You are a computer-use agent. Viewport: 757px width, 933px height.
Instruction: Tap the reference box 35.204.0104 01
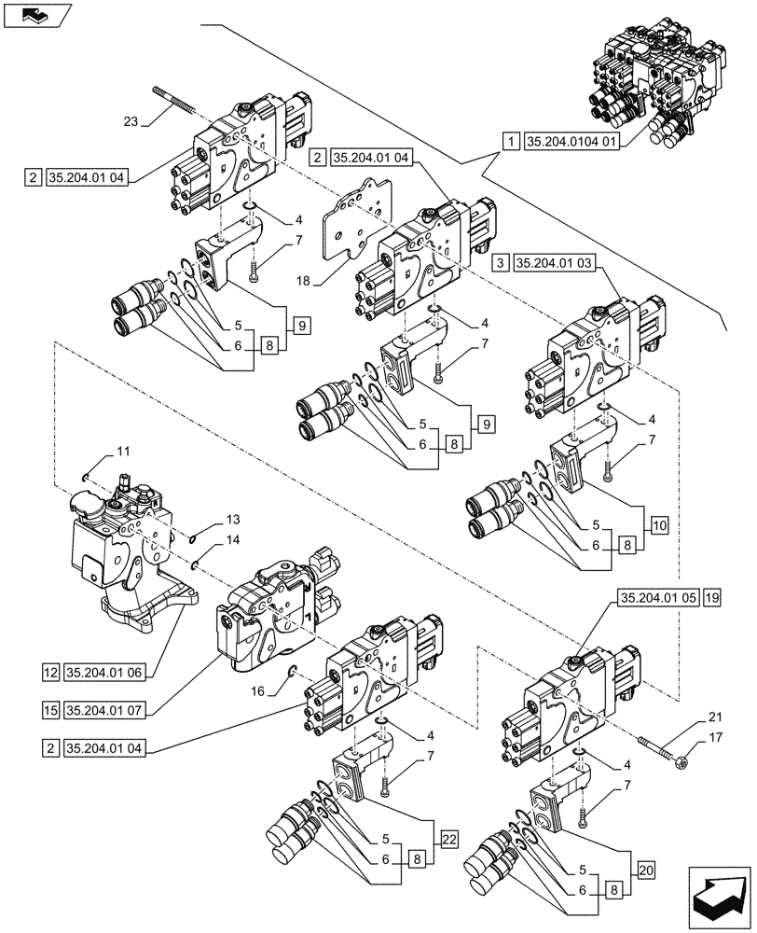click(571, 142)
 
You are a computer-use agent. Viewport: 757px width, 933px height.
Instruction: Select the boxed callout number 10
click(659, 525)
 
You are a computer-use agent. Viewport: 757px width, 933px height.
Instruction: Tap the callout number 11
click(123, 452)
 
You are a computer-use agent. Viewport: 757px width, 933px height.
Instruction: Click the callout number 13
click(232, 520)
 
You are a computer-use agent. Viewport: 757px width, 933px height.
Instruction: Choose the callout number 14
click(232, 540)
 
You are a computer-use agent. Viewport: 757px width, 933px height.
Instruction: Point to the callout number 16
click(256, 690)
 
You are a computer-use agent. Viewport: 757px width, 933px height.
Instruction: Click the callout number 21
click(716, 716)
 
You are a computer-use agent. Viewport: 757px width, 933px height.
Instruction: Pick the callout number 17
click(716, 737)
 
